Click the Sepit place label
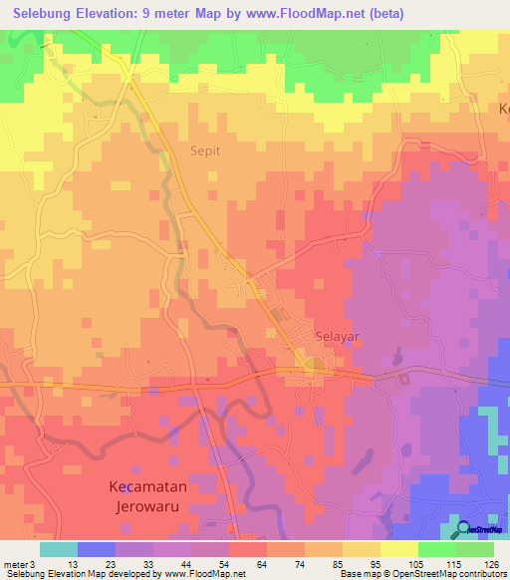point(205,152)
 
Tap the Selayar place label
point(337,337)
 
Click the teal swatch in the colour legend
point(59,549)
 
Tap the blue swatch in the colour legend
point(97,549)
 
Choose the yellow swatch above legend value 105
point(399,549)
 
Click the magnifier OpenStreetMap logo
point(463,530)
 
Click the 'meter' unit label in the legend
point(14,563)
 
